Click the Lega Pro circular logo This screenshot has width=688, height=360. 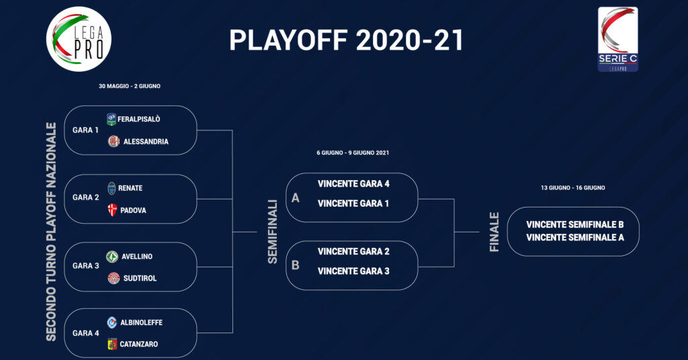click(79, 39)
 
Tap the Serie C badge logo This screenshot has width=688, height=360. click(618, 39)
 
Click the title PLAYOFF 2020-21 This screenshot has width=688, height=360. click(346, 40)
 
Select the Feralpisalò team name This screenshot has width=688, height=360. click(138, 119)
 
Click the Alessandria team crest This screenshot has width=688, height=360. click(114, 141)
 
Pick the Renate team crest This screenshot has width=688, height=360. click(112, 188)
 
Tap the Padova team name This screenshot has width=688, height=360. click(134, 210)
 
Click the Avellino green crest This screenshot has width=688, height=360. click(112, 257)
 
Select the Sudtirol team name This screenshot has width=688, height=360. click(140, 278)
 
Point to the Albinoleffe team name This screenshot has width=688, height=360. click(141, 322)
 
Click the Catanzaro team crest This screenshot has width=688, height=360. click(112, 344)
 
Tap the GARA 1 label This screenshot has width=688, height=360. click(85, 130)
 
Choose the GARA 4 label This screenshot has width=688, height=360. click(85, 333)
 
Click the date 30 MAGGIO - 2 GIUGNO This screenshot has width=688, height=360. click(130, 87)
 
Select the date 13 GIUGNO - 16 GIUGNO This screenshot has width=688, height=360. click(573, 187)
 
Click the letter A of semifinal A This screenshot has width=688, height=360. click(296, 198)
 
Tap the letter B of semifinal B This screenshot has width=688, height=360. click(296, 265)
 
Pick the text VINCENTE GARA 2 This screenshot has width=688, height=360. click(353, 251)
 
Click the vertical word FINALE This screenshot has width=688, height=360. click(494, 232)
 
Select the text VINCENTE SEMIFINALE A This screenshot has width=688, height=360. click(575, 238)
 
